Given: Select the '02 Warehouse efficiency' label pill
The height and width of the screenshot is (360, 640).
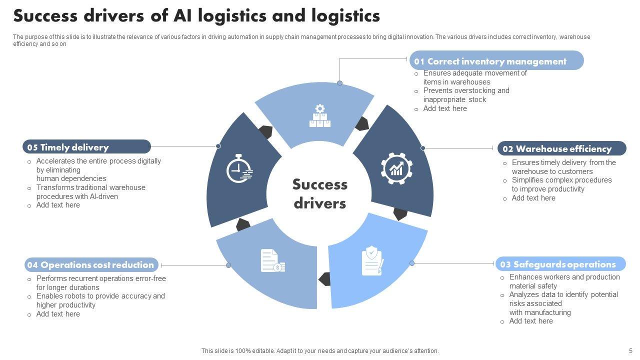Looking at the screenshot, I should tap(561, 148).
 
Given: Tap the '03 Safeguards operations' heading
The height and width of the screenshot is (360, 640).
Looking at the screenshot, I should tap(560, 264).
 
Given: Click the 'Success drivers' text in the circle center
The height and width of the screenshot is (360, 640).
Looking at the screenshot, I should tap(319, 193).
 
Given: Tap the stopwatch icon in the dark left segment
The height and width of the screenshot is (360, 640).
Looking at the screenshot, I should tap(239, 168).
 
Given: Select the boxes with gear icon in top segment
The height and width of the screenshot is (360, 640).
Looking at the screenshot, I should tap(320, 116).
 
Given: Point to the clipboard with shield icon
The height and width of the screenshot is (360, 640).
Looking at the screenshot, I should tap(372, 260).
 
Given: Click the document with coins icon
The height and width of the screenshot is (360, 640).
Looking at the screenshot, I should tap(272, 261).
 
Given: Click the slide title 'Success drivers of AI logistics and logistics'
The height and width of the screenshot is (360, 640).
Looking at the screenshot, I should tap(196, 16).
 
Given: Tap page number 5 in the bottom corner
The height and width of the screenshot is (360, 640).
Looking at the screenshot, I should tap(630, 351).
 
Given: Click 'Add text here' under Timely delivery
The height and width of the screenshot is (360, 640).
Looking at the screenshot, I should tap(58, 205).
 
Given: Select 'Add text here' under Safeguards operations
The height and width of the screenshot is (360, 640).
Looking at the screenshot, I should tap(531, 321).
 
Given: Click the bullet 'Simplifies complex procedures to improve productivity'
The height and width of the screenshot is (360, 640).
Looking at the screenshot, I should tap(561, 184).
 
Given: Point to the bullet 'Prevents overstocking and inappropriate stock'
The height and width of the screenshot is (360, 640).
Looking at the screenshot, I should tap(465, 95).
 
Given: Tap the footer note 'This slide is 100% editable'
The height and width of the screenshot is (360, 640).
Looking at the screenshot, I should tap(320, 351).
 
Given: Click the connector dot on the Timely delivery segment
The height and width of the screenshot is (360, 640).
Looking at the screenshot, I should tap(218, 146).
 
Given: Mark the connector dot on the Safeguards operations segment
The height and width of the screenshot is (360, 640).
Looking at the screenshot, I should tap(412, 263).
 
